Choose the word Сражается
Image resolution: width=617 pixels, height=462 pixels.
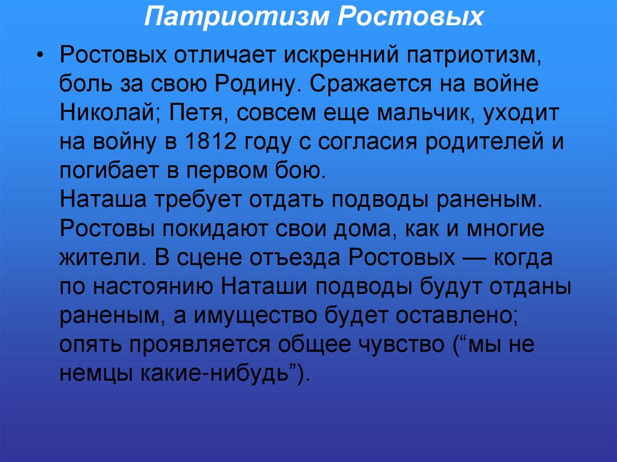[x=378, y=84]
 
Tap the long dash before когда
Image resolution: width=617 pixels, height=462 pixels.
[x=475, y=258]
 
